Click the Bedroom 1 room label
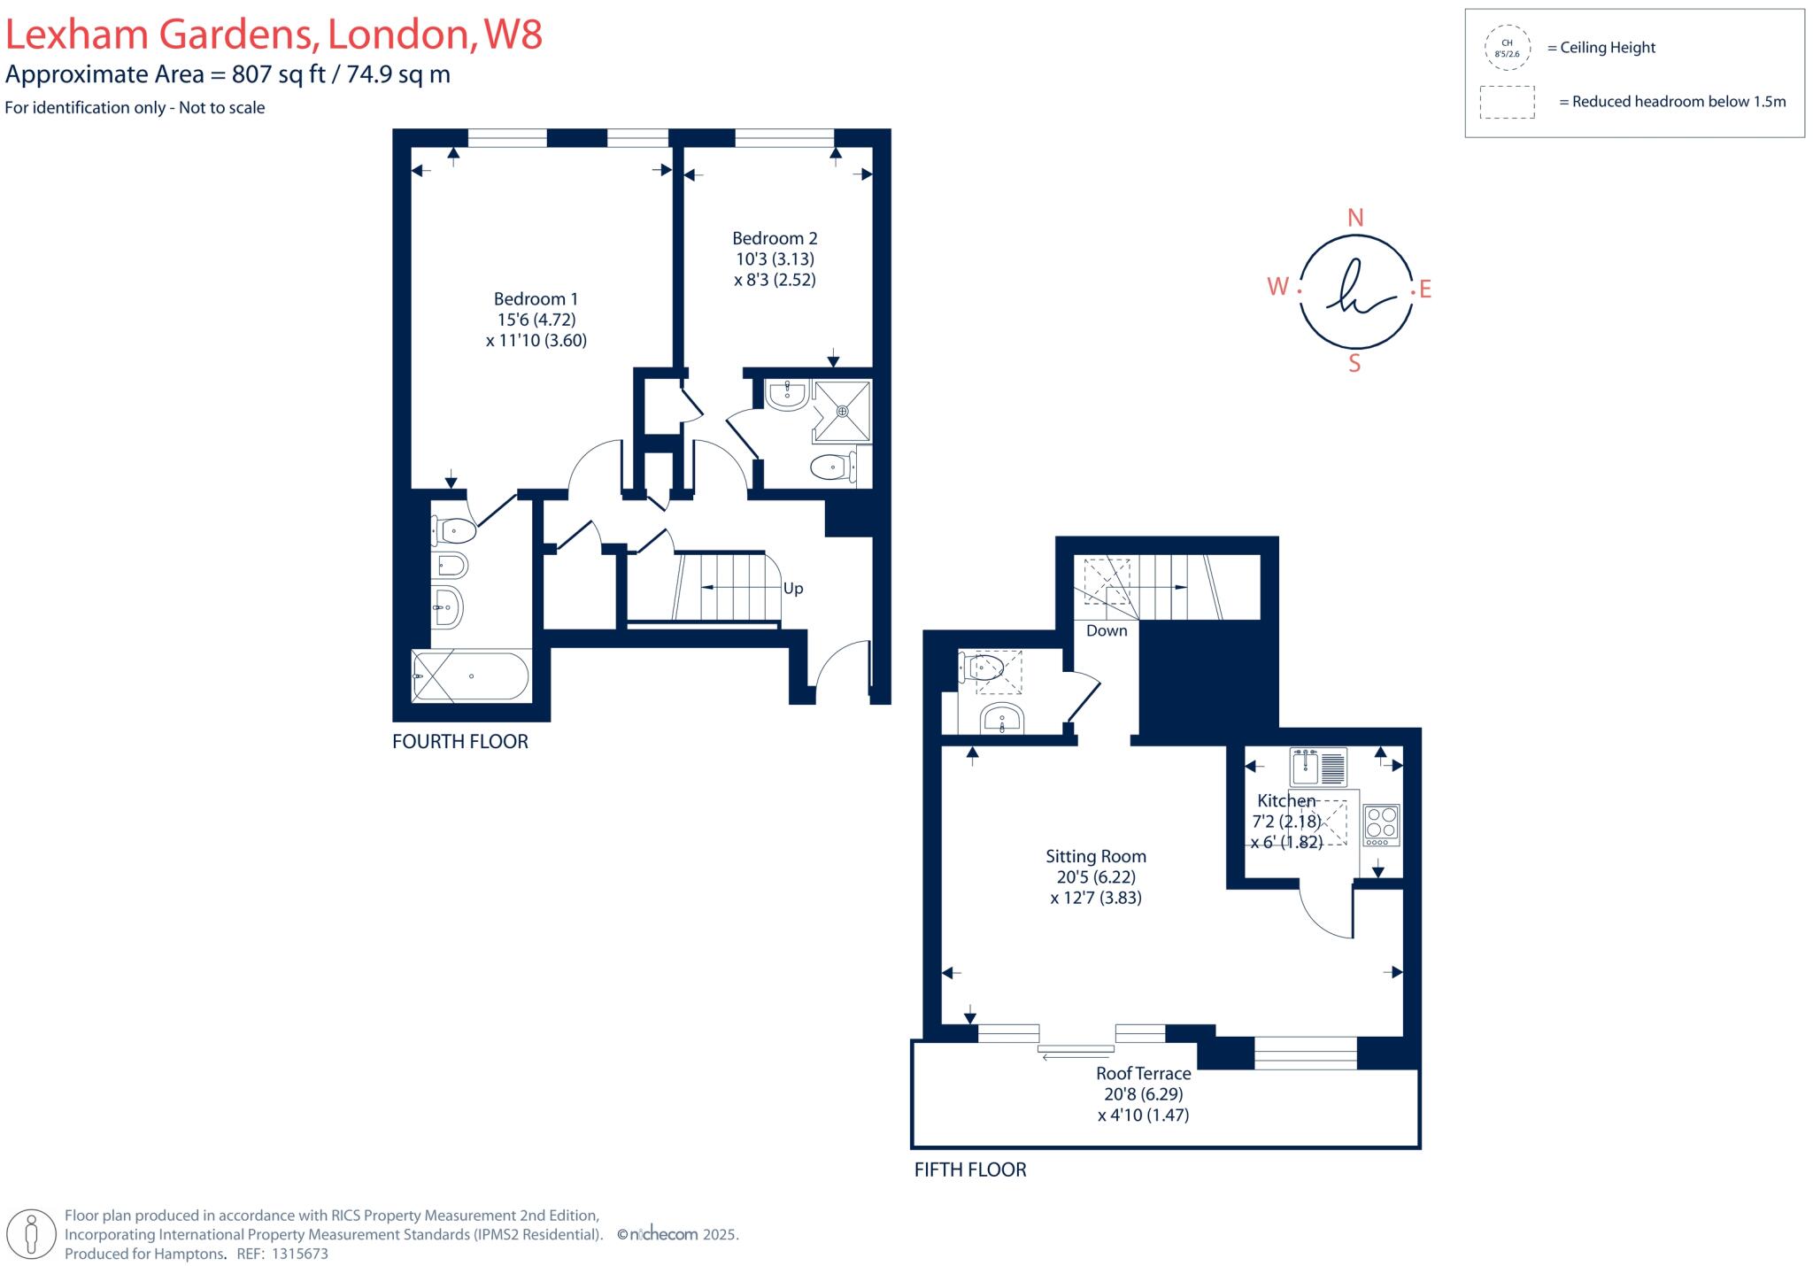[x=536, y=299]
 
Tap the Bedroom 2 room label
[x=775, y=238]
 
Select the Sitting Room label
[x=1096, y=856]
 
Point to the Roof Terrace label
[x=1143, y=1073]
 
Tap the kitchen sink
[x=1318, y=767]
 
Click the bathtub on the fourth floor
[x=471, y=676]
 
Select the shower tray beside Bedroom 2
[x=842, y=411]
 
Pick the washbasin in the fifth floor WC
[x=1002, y=719]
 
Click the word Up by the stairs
[x=793, y=589]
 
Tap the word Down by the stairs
[x=1107, y=631]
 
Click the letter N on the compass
[x=1354, y=218]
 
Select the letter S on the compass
[x=1354, y=364]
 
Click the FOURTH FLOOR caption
[x=460, y=742]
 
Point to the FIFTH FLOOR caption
[x=970, y=1170]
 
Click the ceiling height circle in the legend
[x=1507, y=48]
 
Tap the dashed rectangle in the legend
[x=1507, y=102]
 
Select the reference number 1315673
[x=299, y=1254]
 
